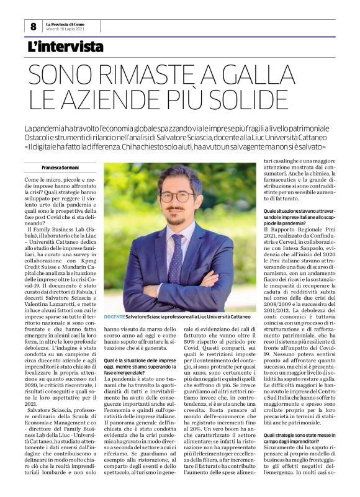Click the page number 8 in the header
point(33,27)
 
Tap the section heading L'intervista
point(65,47)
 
